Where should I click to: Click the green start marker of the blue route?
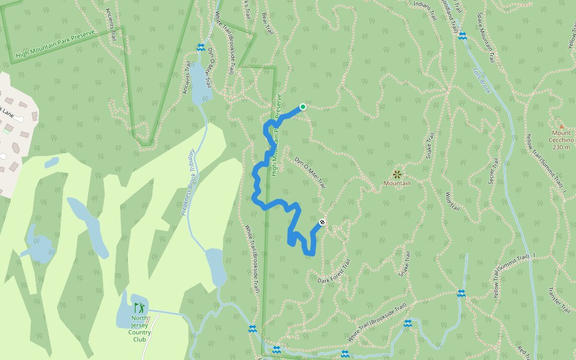click(x=303, y=107)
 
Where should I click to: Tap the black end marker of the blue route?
click(x=322, y=223)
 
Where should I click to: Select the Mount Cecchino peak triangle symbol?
click(x=562, y=126)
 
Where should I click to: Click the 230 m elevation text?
click(x=561, y=147)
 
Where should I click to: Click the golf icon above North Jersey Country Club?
click(x=139, y=308)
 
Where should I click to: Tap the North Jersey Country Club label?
click(x=139, y=328)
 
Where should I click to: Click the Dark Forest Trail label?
click(x=334, y=272)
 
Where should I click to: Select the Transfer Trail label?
click(x=559, y=299)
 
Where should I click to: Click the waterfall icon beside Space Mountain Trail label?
click(x=462, y=36)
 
